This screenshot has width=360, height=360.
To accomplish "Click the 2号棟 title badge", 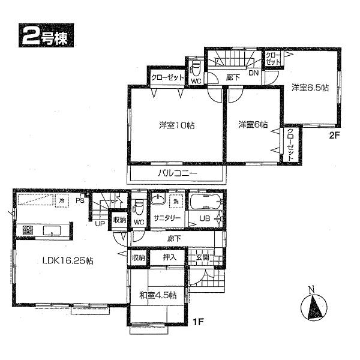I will click(x=49, y=37).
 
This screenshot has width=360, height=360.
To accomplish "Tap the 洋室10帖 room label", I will click(x=176, y=125).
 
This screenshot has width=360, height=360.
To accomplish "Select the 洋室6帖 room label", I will click(x=253, y=125).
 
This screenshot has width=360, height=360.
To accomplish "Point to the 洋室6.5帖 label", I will click(x=310, y=88).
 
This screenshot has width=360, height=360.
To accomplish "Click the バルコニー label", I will click(x=178, y=173).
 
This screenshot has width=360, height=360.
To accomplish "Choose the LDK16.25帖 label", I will click(x=66, y=261).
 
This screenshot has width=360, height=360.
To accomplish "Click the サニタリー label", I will click(x=166, y=218).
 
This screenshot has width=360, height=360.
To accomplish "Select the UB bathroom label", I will click(x=205, y=218).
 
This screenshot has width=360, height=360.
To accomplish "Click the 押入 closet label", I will click(x=170, y=257).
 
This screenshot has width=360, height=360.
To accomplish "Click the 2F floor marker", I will click(x=334, y=136).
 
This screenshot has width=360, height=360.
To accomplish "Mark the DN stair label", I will click(x=254, y=73).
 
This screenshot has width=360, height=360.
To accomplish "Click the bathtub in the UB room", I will click(x=206, y=202).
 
